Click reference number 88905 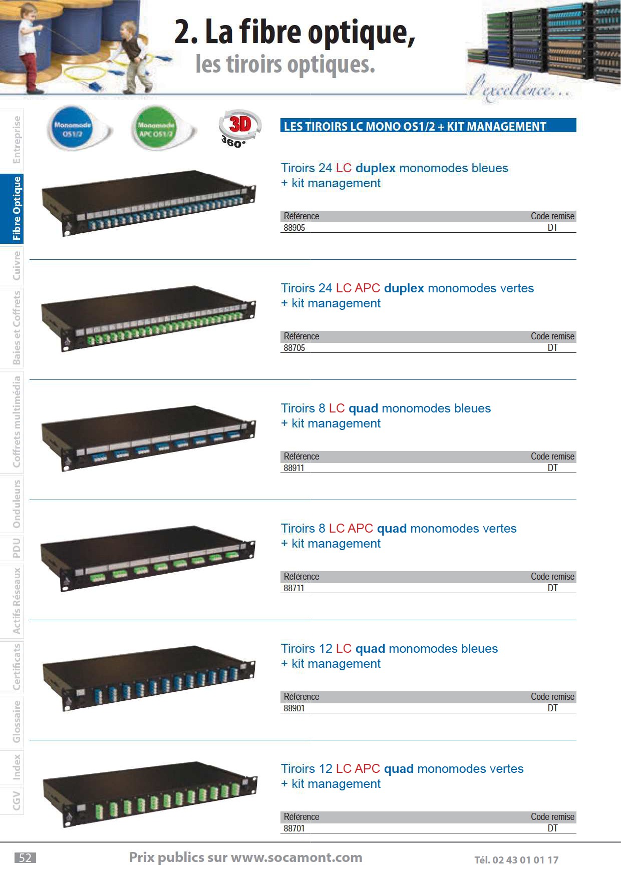coord(294,228)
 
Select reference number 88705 coord(294,348)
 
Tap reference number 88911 coord(293,468)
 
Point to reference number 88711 coord(293,588)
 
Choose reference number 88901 coord(294,708)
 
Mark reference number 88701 coord(294,828)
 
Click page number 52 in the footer coord(25,858)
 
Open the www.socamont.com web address coord(296,857)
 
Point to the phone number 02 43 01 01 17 coord(525,860)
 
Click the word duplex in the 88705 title coord(404,289)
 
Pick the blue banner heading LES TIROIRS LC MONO coord(428,126)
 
